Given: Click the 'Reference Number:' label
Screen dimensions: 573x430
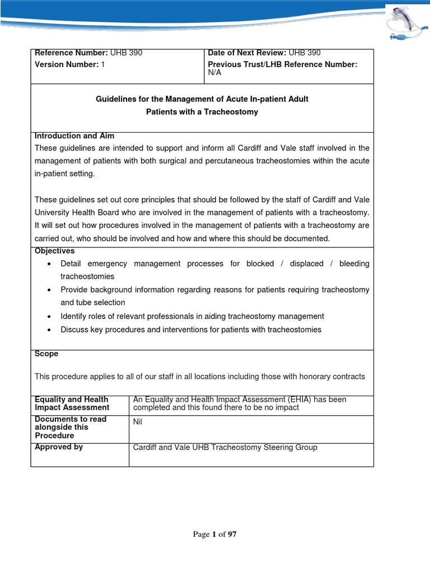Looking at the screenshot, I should coord(71,53).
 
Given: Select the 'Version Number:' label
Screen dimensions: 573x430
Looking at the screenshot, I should coord(67,64).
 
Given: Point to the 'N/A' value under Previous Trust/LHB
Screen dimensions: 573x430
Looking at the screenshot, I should coord(214,72).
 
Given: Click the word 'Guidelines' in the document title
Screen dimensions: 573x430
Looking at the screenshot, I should coord(116,99).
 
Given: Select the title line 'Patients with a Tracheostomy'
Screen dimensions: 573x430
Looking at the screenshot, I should coord(202,111).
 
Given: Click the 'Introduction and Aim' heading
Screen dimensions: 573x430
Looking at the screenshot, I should coord(74,136).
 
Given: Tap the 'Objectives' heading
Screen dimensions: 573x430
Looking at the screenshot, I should coord(54,251).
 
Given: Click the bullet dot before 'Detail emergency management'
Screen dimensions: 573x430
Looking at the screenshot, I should coord(50,264).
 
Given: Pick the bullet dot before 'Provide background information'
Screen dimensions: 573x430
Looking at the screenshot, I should coord(50,290).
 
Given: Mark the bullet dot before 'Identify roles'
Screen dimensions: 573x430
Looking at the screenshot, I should coord(50,317).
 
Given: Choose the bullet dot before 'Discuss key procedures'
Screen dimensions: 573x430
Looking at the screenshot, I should coord(50,330).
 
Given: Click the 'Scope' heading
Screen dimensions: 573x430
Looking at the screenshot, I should coord(46,354).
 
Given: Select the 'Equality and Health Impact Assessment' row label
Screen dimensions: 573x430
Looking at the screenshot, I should coord(72,403).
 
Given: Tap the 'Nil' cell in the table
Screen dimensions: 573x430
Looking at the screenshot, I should coord(138,422).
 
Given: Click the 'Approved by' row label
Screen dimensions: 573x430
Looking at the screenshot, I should coord(59,447).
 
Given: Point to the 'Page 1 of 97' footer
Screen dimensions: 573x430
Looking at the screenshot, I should coord(215,534).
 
